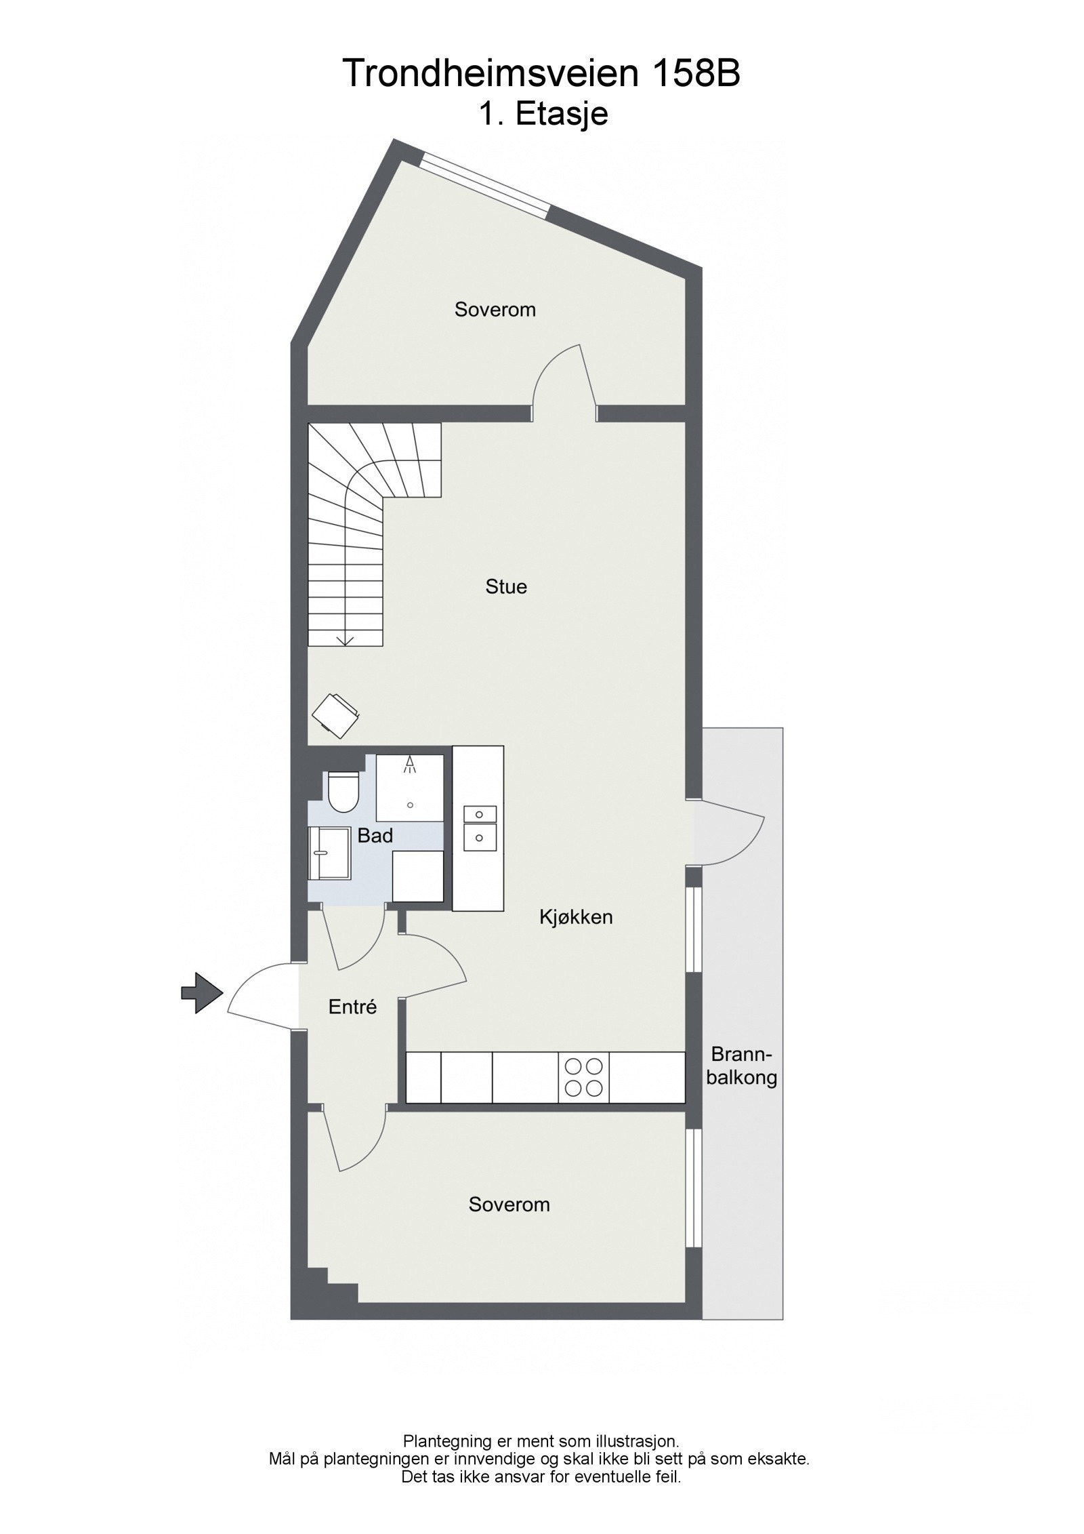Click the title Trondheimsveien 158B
(541, 73)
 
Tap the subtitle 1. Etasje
(543, 115)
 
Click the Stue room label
(505, 586)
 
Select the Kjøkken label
(576, 917)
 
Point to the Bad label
(375, 836)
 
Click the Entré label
(352, 1026)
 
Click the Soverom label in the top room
(495, 310)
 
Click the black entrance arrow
(202, 993)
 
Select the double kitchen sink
(479, 828)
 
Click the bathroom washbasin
(329, 853)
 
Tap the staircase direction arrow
(346, 638)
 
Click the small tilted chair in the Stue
(335, 714)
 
